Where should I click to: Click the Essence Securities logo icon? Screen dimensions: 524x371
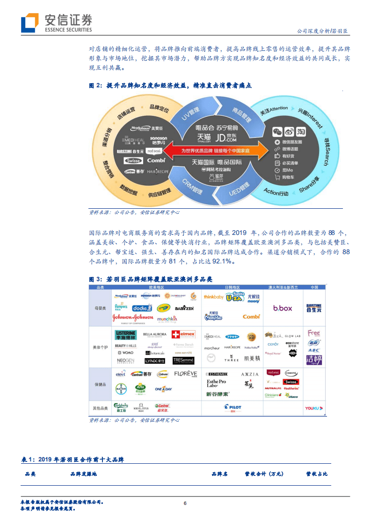pyautogui.click(x=29, y=22)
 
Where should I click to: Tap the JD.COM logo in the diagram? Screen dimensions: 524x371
pyautogui.click(x=226, y=138)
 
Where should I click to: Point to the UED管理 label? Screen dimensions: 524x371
pyautogui.click(x=238, y=189)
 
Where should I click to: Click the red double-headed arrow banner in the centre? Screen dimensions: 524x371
pyautogui.click(x=216, y=151)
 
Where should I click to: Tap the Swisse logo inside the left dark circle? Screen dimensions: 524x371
pyautogui.click(x=133, y=161)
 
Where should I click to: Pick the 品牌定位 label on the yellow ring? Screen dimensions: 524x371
pyautogui.click(x=159, y=108)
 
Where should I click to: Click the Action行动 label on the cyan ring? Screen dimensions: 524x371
pyautogui.click(x=276, y=191)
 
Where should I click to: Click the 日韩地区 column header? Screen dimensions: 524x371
pyautogui.click(x=232, y=287)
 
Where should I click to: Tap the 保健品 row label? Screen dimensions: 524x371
pyautogui.click(x=101, y=384)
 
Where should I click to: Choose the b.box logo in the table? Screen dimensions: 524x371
pyautogui.click(x=283, y=308)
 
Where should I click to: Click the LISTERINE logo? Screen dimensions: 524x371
pyautogui.click(x=125, y=335)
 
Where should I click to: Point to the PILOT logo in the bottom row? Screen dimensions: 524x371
pyautogui.click(x=232, y=407)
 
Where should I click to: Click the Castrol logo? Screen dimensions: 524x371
pyautogui.click(x=162, y=407)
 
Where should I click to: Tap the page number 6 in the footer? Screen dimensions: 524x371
pyautogui.click(x=185, y=503)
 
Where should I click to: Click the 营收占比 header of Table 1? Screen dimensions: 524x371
pyautogui.click(x=317, y=474)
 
